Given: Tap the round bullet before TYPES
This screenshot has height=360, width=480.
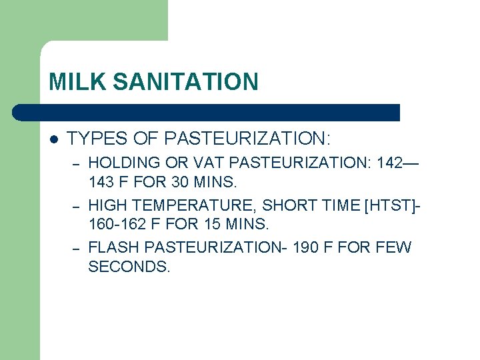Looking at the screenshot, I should pos(53,139).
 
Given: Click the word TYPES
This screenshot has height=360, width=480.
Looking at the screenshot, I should pos(93,139).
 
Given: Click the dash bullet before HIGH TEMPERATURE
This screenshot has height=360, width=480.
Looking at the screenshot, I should pos(77,206).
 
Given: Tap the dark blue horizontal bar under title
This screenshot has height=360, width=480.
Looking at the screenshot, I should pos(207,112).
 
